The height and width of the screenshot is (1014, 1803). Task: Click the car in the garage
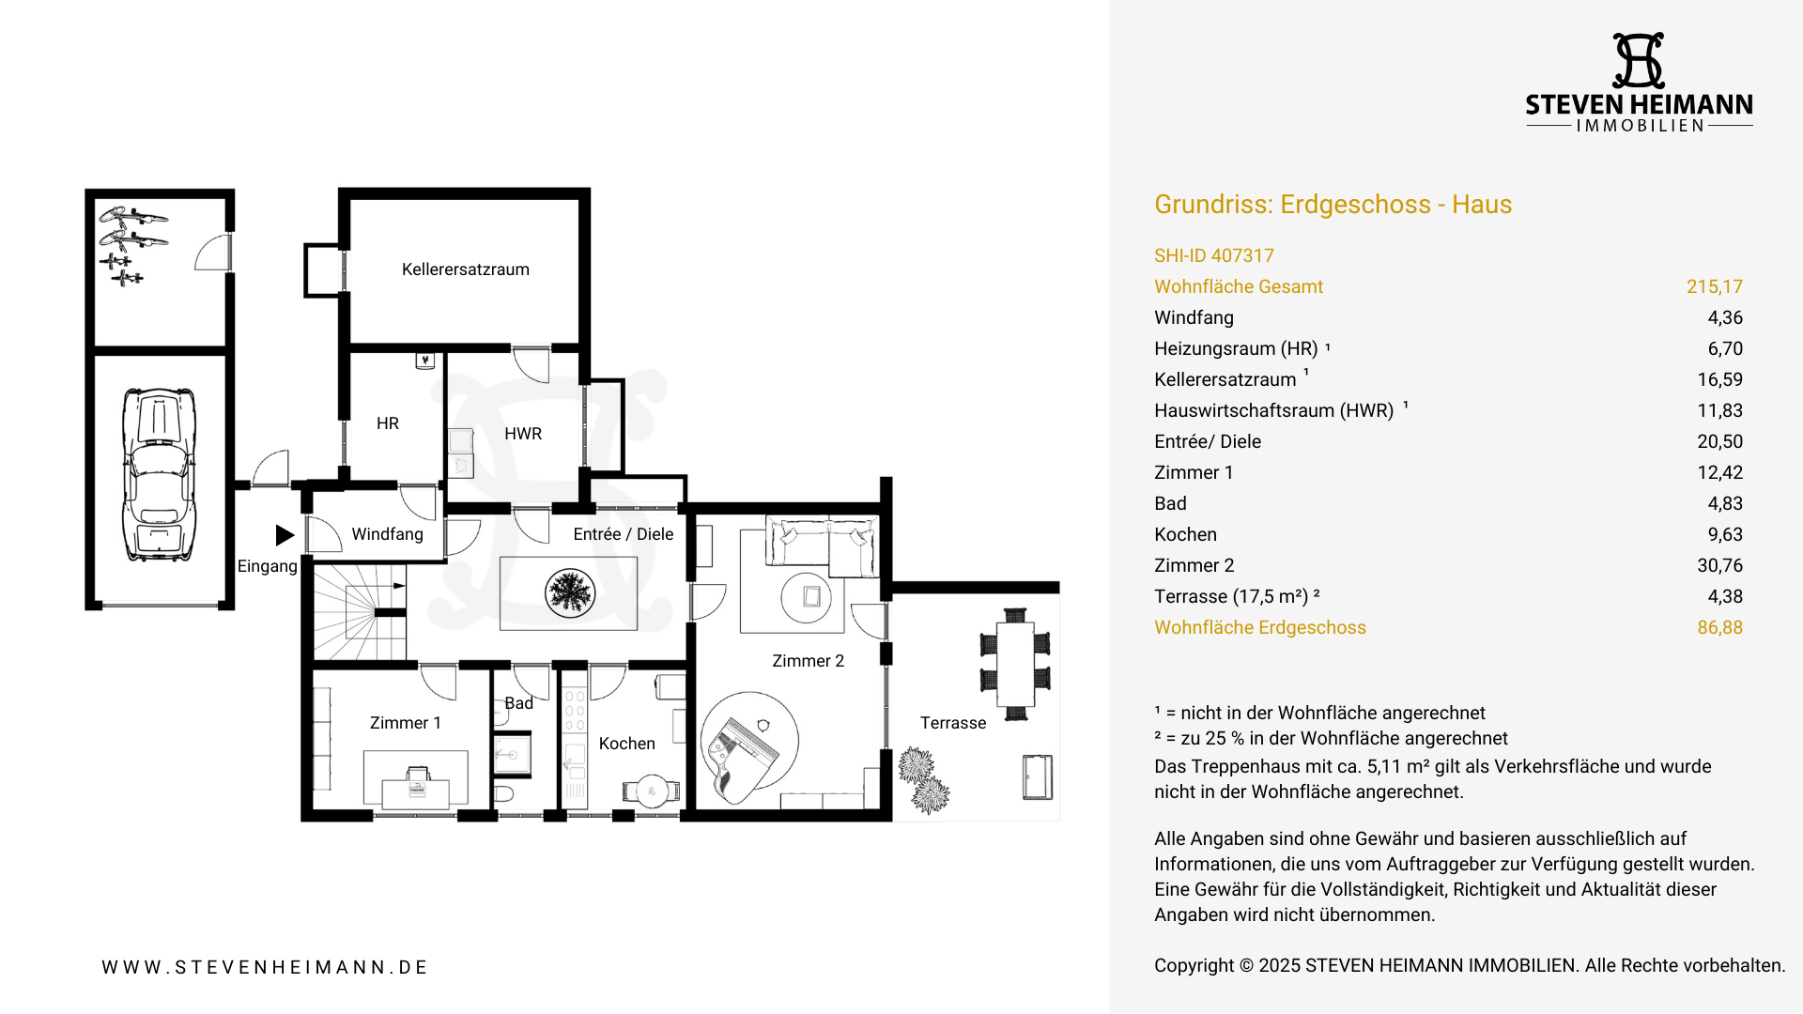click(159, 474)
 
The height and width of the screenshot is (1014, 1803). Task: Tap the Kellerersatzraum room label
click(465, 269)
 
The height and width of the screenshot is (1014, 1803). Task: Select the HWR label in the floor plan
click(522, 434)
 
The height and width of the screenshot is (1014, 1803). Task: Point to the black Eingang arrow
click(285, 535)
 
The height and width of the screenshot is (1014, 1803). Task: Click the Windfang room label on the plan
click(387, 534)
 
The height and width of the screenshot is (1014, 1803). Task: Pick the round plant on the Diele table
click(569, 593)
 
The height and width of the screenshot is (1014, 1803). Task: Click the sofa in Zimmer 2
click(823, 545)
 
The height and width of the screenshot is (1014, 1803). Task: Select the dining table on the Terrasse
click(1015, 665)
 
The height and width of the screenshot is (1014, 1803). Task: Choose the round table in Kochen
click(652, 791)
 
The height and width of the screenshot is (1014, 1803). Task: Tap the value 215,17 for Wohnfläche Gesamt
click(1714, 286)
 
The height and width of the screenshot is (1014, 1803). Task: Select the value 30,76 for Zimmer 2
click(1719, 565)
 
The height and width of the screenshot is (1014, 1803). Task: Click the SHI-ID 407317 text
click(1213, 255)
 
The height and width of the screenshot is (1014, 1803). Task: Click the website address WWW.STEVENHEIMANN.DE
click(265, 967)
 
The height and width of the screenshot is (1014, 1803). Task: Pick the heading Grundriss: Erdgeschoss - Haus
click(1333, 205)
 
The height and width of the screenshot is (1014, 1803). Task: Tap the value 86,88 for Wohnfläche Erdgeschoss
click(1719, 627)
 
